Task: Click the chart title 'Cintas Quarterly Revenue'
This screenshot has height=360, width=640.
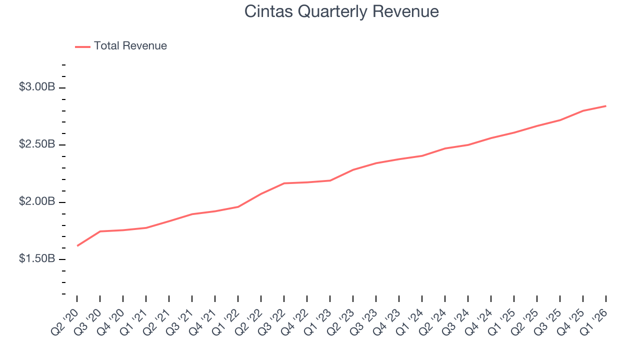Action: click(341, 11)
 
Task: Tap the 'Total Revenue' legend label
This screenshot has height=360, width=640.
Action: click(130, 46)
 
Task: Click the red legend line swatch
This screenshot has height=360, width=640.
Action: click(82, 46)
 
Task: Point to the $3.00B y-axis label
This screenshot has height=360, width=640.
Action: click(37, 87)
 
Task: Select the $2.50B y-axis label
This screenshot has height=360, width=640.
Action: click(37, 144)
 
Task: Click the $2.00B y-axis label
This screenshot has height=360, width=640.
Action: click(37, 201)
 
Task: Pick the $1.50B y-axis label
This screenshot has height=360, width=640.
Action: click(37, 259)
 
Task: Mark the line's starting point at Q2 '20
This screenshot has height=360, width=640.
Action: click(77, 245)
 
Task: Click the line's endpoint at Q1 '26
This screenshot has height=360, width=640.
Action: click(606, 106)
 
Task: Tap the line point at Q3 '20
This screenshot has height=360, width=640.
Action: click(100, 231)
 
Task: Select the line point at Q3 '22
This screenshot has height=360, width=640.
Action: click(284, 183)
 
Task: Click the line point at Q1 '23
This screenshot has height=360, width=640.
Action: click(330, 180)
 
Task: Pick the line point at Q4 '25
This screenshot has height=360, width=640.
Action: click(583, 110)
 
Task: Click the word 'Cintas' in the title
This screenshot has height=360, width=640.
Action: click(268, 11)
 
